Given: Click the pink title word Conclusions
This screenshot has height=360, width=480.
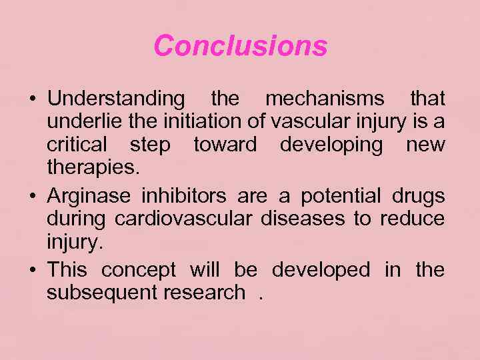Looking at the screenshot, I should point(240,46).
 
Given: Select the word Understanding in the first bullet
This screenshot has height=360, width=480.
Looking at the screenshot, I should point(116,99).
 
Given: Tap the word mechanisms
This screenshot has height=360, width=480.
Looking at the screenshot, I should point(325,99).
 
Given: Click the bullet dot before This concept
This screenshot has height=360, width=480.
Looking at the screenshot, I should point(33,270).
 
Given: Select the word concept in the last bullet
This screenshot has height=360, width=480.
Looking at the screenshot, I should point(138,270).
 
